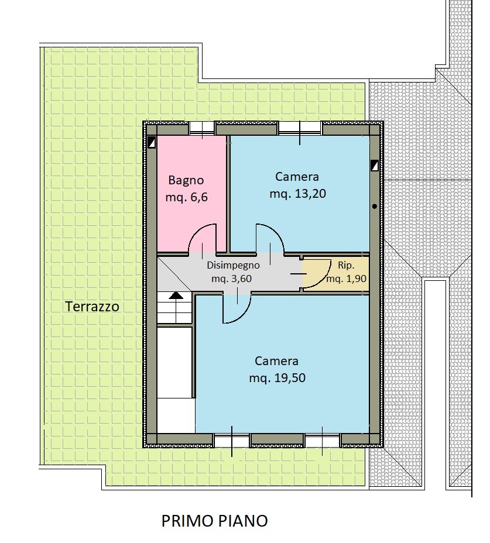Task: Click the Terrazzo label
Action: [x=92, y=307]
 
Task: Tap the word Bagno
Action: [x=186, y=180]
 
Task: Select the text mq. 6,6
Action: [x=186, y=197]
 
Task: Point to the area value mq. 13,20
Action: [x=297, y=194]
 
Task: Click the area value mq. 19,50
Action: [x=277, y=378]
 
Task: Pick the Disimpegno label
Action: [x=233, y=266]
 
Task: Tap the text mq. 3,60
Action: [x=231, y=279]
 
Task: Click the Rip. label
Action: [x=346, y=265]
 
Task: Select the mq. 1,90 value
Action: [x=347, y=279]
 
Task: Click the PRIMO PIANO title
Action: [x=215, y=521]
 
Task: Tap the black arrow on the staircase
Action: [x=176, y=295]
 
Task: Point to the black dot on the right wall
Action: [x=375, y=207]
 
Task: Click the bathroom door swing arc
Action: [x=193, y=233]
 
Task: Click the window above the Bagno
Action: [x=202, y=128]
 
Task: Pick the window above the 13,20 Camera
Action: [x=300, y=128]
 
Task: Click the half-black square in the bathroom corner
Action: [x=152, y=142]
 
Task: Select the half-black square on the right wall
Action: [x=374, y=166]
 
